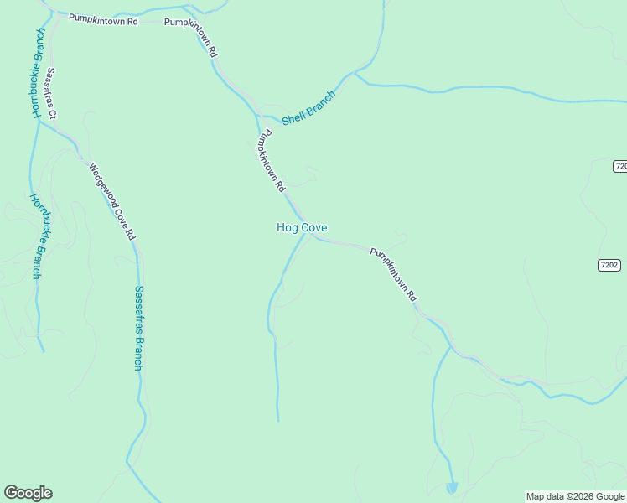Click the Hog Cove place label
pos(302,227)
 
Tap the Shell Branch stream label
pos(308,108)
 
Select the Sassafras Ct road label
pos(51,92)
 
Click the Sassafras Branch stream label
pos(139,328)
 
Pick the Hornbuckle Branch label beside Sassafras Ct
pos(38,73)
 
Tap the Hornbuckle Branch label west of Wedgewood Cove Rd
pos(37,236)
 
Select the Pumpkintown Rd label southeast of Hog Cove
pos(393,273)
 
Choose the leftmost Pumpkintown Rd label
pos(103,18)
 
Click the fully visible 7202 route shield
pos(609,265)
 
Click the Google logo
pos(28,493)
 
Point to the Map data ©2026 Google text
pos(576,496)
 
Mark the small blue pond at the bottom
pos(453,487)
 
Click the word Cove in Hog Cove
pos(314,227)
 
